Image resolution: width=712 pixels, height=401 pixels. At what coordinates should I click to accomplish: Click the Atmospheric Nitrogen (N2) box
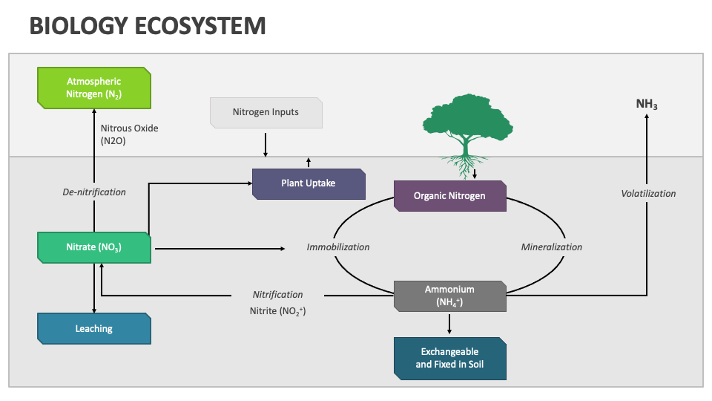[x=94, y=87]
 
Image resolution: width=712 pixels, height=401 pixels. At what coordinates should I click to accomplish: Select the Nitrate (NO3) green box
[x=94, y=247]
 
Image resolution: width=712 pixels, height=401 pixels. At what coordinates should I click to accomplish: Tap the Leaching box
[x=94, y=328]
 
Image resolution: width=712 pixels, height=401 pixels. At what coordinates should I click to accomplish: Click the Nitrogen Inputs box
[x=266, y=112]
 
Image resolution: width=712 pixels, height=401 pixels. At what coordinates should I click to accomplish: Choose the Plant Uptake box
[x=309, y=183]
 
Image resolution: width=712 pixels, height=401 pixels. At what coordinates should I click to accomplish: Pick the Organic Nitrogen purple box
[x=450, y=196]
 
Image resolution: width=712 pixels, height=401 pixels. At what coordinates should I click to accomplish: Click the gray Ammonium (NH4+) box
[x=450, y=296]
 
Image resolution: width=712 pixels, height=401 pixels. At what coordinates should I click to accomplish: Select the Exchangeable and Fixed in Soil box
[x=450, y=358]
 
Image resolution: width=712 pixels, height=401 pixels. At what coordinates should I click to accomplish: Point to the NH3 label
[x=647, y=105]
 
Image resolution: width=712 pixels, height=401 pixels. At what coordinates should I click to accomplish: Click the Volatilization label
[x=648, y=193]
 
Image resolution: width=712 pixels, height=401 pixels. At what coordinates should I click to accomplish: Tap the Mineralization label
[x=551, y=247]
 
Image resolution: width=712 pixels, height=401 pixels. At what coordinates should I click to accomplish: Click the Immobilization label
[x=338, y=247]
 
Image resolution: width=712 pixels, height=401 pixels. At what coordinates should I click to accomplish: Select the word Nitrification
[x=277, y=295]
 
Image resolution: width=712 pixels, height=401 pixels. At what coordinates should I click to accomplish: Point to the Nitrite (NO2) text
[x=277, y=311]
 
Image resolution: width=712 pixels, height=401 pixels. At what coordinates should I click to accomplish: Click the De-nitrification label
[x=94, y=192]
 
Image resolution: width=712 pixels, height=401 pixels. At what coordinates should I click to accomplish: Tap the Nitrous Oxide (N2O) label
[x=129, y=134]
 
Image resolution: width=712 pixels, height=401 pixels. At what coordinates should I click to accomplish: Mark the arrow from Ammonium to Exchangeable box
[x=449, y=324]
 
